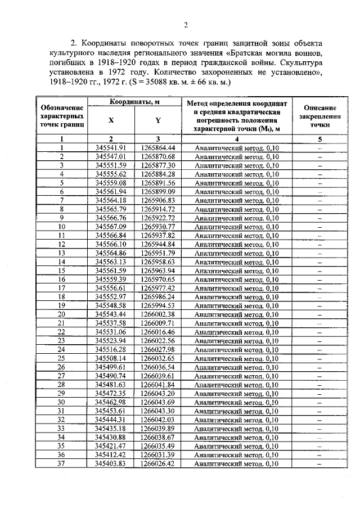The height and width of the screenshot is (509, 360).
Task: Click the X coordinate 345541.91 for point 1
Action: coord(110,148)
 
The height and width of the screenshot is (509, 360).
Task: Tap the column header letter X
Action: coord(111,120)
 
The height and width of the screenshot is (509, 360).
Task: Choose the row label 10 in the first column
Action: coord(62,227)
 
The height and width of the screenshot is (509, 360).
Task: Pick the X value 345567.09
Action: coord(110,227)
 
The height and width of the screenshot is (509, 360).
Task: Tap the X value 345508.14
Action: coord(110,358)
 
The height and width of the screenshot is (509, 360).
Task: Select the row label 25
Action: coord(62,358)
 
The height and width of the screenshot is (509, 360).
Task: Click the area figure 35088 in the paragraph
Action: coord(164,82)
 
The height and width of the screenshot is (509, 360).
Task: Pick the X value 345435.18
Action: coord(110,428)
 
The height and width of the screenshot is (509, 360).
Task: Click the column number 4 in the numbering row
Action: coord(237,138)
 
